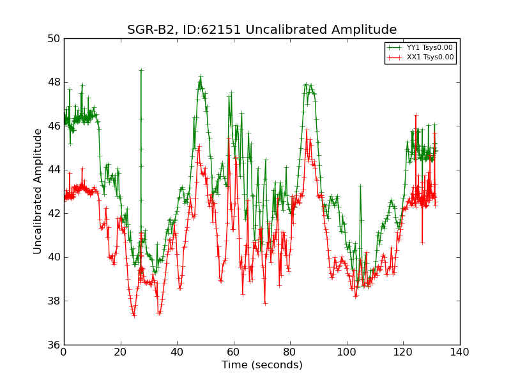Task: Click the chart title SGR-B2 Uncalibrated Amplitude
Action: tap(262, 30)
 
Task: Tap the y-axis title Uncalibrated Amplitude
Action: tap(38, 191)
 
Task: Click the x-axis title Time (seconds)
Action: tap(262, 365)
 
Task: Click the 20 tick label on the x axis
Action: tap(121, 352)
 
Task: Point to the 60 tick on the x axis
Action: tap(234, 352)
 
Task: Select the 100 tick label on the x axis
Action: tap(347, 352)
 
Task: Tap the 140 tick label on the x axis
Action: tap(459, 352)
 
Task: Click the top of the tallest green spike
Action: tap(141, 70)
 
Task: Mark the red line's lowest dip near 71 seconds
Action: tap(264, 303)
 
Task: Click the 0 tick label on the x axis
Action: tap(64, 352)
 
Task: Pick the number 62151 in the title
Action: tap(223, 30)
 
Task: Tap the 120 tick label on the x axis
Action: tap(403, 352)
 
